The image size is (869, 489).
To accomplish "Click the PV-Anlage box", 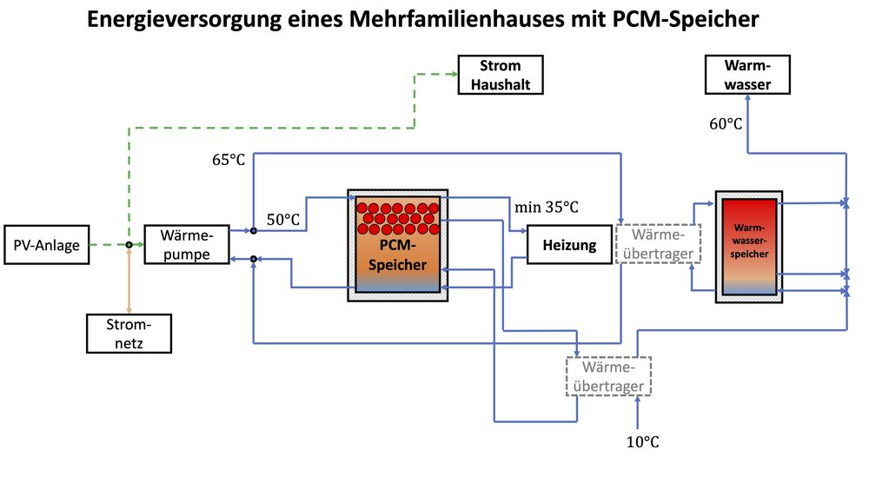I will [47, 245].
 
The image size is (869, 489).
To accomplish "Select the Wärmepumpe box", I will [186, 245].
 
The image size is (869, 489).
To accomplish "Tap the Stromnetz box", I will [129, 334].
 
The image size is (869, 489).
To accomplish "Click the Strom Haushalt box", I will [501, 75].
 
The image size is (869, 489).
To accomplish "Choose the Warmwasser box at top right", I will [749, 75].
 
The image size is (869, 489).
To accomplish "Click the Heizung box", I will [569, 245].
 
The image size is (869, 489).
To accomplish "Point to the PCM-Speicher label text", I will [397, 255].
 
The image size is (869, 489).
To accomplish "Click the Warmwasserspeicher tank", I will [748, 246].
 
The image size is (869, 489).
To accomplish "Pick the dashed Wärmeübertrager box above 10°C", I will [608, 376].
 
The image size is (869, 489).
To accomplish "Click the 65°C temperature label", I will [229, 160].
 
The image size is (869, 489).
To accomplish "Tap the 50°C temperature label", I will [282, 221].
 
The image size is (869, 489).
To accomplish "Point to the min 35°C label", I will [546, 207].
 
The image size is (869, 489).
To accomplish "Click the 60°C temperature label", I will [726, 124].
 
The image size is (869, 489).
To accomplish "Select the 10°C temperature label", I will [642, 442].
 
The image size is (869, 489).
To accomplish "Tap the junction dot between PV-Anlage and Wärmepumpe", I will [129, 245].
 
